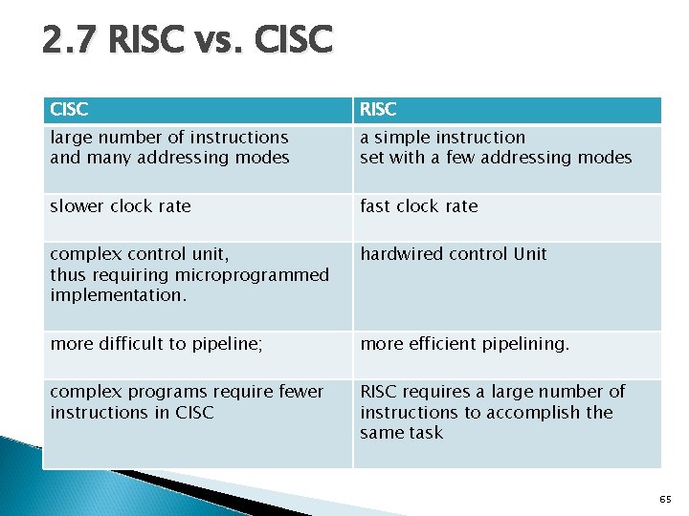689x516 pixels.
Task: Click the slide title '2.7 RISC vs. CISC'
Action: click(x=188, y=41)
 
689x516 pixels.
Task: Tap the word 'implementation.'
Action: click(x=118, y=295)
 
